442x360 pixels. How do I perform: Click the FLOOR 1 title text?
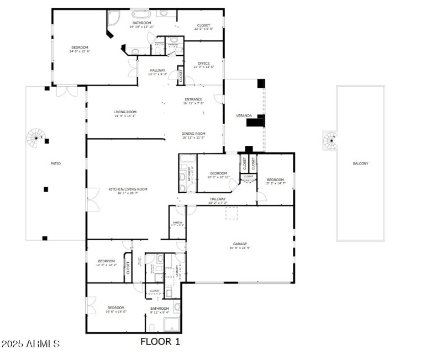coord(160,342)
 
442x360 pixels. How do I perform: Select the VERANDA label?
coord(244,116)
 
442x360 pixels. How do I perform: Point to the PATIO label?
coord(56,163)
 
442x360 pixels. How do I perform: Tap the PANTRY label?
coord(177,224)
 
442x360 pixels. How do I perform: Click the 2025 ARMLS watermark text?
coord(30,344)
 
